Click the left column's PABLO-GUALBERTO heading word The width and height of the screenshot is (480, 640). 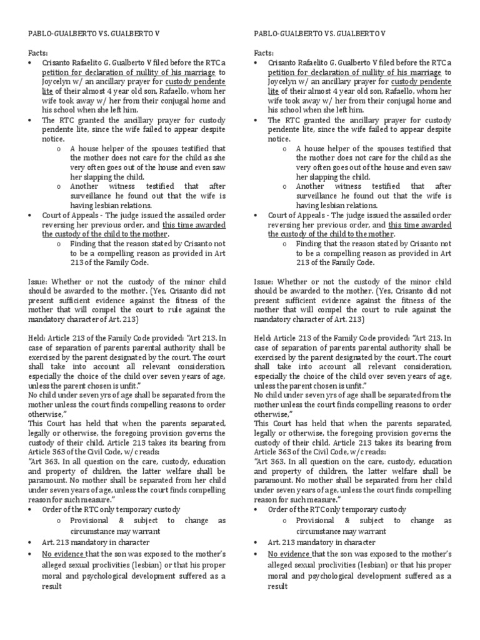coord(60,33)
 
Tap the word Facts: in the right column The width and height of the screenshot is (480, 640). coord(265,54)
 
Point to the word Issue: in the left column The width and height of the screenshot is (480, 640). coord(39,281)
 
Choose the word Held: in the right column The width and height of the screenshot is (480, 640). coord(265,337)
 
